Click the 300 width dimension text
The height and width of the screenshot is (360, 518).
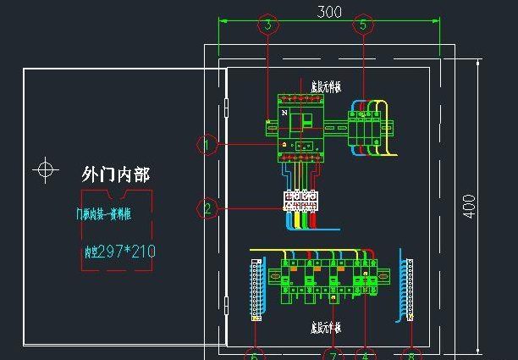pyautogui.click(x=328, y=11)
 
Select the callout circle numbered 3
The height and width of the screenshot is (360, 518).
pyautogui.click(x=268, y=25)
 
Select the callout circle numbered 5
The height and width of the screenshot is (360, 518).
pyautogui.click(x=364, y=25)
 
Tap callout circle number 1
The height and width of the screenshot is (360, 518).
pyautogui.click(x=207, y=145)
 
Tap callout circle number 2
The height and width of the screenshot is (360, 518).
pyautogui.click(x=207, y=208)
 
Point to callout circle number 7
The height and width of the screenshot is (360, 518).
pyautogui.click(x=333, y=354)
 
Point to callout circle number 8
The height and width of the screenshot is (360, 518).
pyautogui.click(x=412, y=354)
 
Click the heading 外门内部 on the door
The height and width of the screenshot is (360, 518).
pyautogui.click(x=116, y=174)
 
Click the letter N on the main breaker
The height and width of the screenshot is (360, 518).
pyautogui.click(x=284, y=112)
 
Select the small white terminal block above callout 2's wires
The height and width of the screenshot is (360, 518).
pyautogui.click(x=300, y=200)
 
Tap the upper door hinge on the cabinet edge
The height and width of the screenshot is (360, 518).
pyautogui.click(x=226, y=108)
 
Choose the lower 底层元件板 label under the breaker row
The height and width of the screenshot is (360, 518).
pyautogui.click(x=326, y=325)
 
